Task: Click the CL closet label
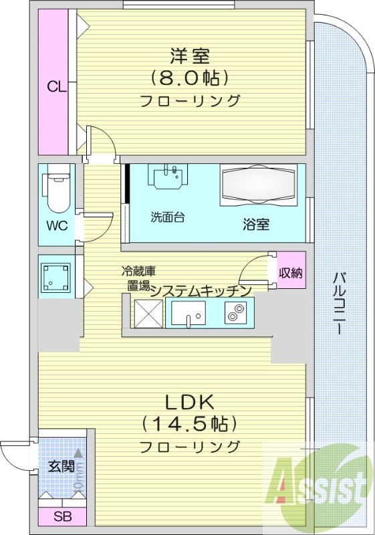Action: click(56, 86)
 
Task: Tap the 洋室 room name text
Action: click(190, 56)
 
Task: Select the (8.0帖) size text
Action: click(190, 78)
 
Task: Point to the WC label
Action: click(56, 225)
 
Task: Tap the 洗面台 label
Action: click(167, 217)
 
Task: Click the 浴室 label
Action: click(256, 224)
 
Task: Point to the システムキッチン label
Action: click(200, 290)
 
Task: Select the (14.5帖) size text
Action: click(190, 424)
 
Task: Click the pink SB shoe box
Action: click(61, 517)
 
